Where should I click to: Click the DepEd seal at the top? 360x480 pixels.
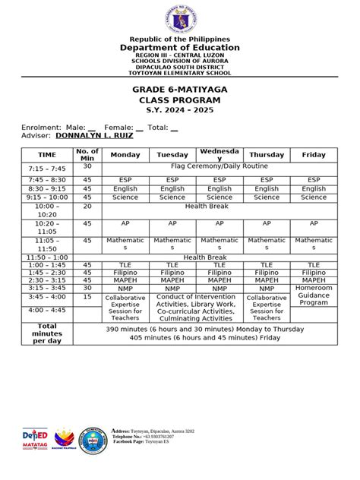(180, 17)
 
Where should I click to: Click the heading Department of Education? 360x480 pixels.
(180, 47)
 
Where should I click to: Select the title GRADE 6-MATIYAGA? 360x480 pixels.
(180, 89)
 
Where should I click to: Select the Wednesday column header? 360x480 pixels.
(219, 154)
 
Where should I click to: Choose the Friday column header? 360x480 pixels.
(314, 154)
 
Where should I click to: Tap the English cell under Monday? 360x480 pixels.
(125, 188)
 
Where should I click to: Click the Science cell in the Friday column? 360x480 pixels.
(314, 197)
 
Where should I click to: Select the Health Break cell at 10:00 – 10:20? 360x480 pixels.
(219, 205)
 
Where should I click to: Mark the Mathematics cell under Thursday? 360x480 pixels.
(267, 244)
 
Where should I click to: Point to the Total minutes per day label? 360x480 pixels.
(47, 333)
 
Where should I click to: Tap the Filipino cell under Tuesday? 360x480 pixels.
(172, 272)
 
